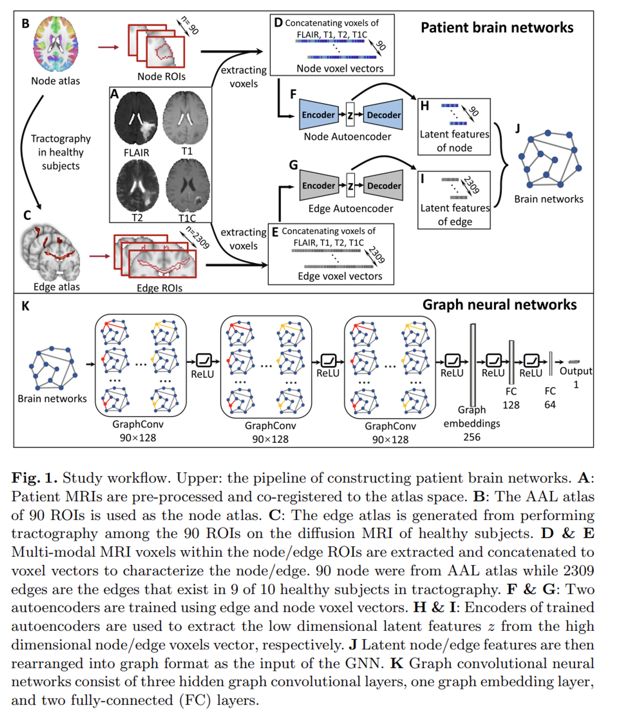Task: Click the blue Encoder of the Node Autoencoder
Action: pyautogui.click(x=318, y=115)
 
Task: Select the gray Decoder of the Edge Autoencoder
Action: pyautogui.click(x=384, y=186)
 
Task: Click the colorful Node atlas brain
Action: pyautogui.click(x=55, y=44)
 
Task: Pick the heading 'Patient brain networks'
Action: pyautogui.click(x=497, y=28)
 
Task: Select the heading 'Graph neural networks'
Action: pyautogui.click(x=499, y=305)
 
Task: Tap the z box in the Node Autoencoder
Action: pyautogui.click(x=350, y=115)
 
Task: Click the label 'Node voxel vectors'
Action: pyautogui.click(x=340, y=68)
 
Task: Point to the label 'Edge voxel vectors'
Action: pyautogui.click(x=340, y=276)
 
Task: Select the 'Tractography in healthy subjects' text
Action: pyautogui.click(x=61, y=152)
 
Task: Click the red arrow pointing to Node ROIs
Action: pyautogui.click(x=108, y=47)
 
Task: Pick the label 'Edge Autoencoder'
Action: pyautogui.click(x=350, y=209)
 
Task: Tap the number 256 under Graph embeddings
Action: pyautogui.click(x=471, y=437)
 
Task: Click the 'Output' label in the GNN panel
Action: pyautogui.click(x=576, y=371)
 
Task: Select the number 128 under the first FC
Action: pyautogui.click(x=511, y=405)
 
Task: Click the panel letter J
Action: pyautogui.click(x=518, y=129)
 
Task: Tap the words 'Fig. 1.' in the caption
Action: pyautogui.click(x=34, y=478)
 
